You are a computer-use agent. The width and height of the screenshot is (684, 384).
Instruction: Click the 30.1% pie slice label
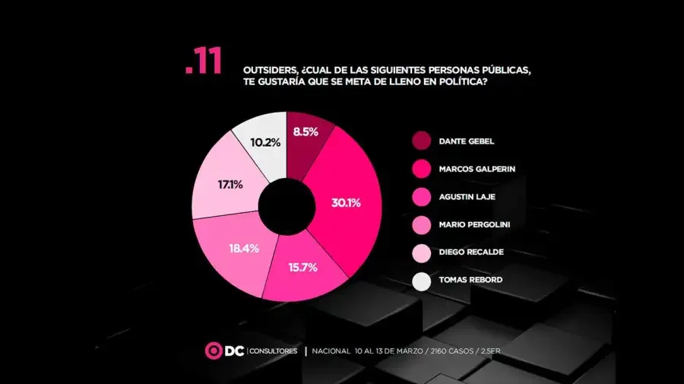click(346, 203)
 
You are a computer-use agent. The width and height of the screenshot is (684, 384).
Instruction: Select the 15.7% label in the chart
click(302, 268)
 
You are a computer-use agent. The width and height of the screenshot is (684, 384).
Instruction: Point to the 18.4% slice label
click(235, 248)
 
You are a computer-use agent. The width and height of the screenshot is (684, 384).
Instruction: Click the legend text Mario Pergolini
click(474, 225)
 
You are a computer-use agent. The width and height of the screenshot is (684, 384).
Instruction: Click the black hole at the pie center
click(287, 206)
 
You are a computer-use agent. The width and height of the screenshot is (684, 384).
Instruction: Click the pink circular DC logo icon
click(214, 351)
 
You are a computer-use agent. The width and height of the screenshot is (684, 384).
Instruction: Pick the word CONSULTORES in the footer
click(274, 351)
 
